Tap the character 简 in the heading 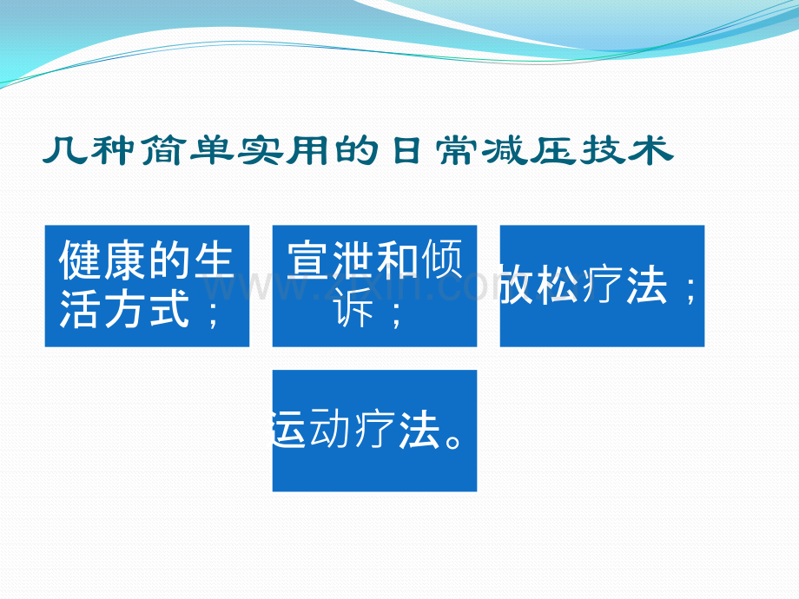pyautogui.click(x=161, y=151)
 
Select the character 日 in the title pyautogui.click(x=406, y=151)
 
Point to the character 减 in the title pyautogui.click(x=505, y=151)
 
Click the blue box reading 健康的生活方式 pyautogui.click(x=148, y=286)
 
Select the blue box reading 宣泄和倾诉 pyautogui.click(x=374, y=286)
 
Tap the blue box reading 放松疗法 pyautogui.click(x=603, y=286)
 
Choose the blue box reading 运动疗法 pyautogui.click(x=374, y=431)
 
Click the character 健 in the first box pyautogui.click(x=80, y=260)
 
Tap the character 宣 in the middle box pyautogui.click(x=308, y=260)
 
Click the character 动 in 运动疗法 pyautogui.click(x=331, y=429)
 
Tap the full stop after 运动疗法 pyautogui.click(x=452, y=440)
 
